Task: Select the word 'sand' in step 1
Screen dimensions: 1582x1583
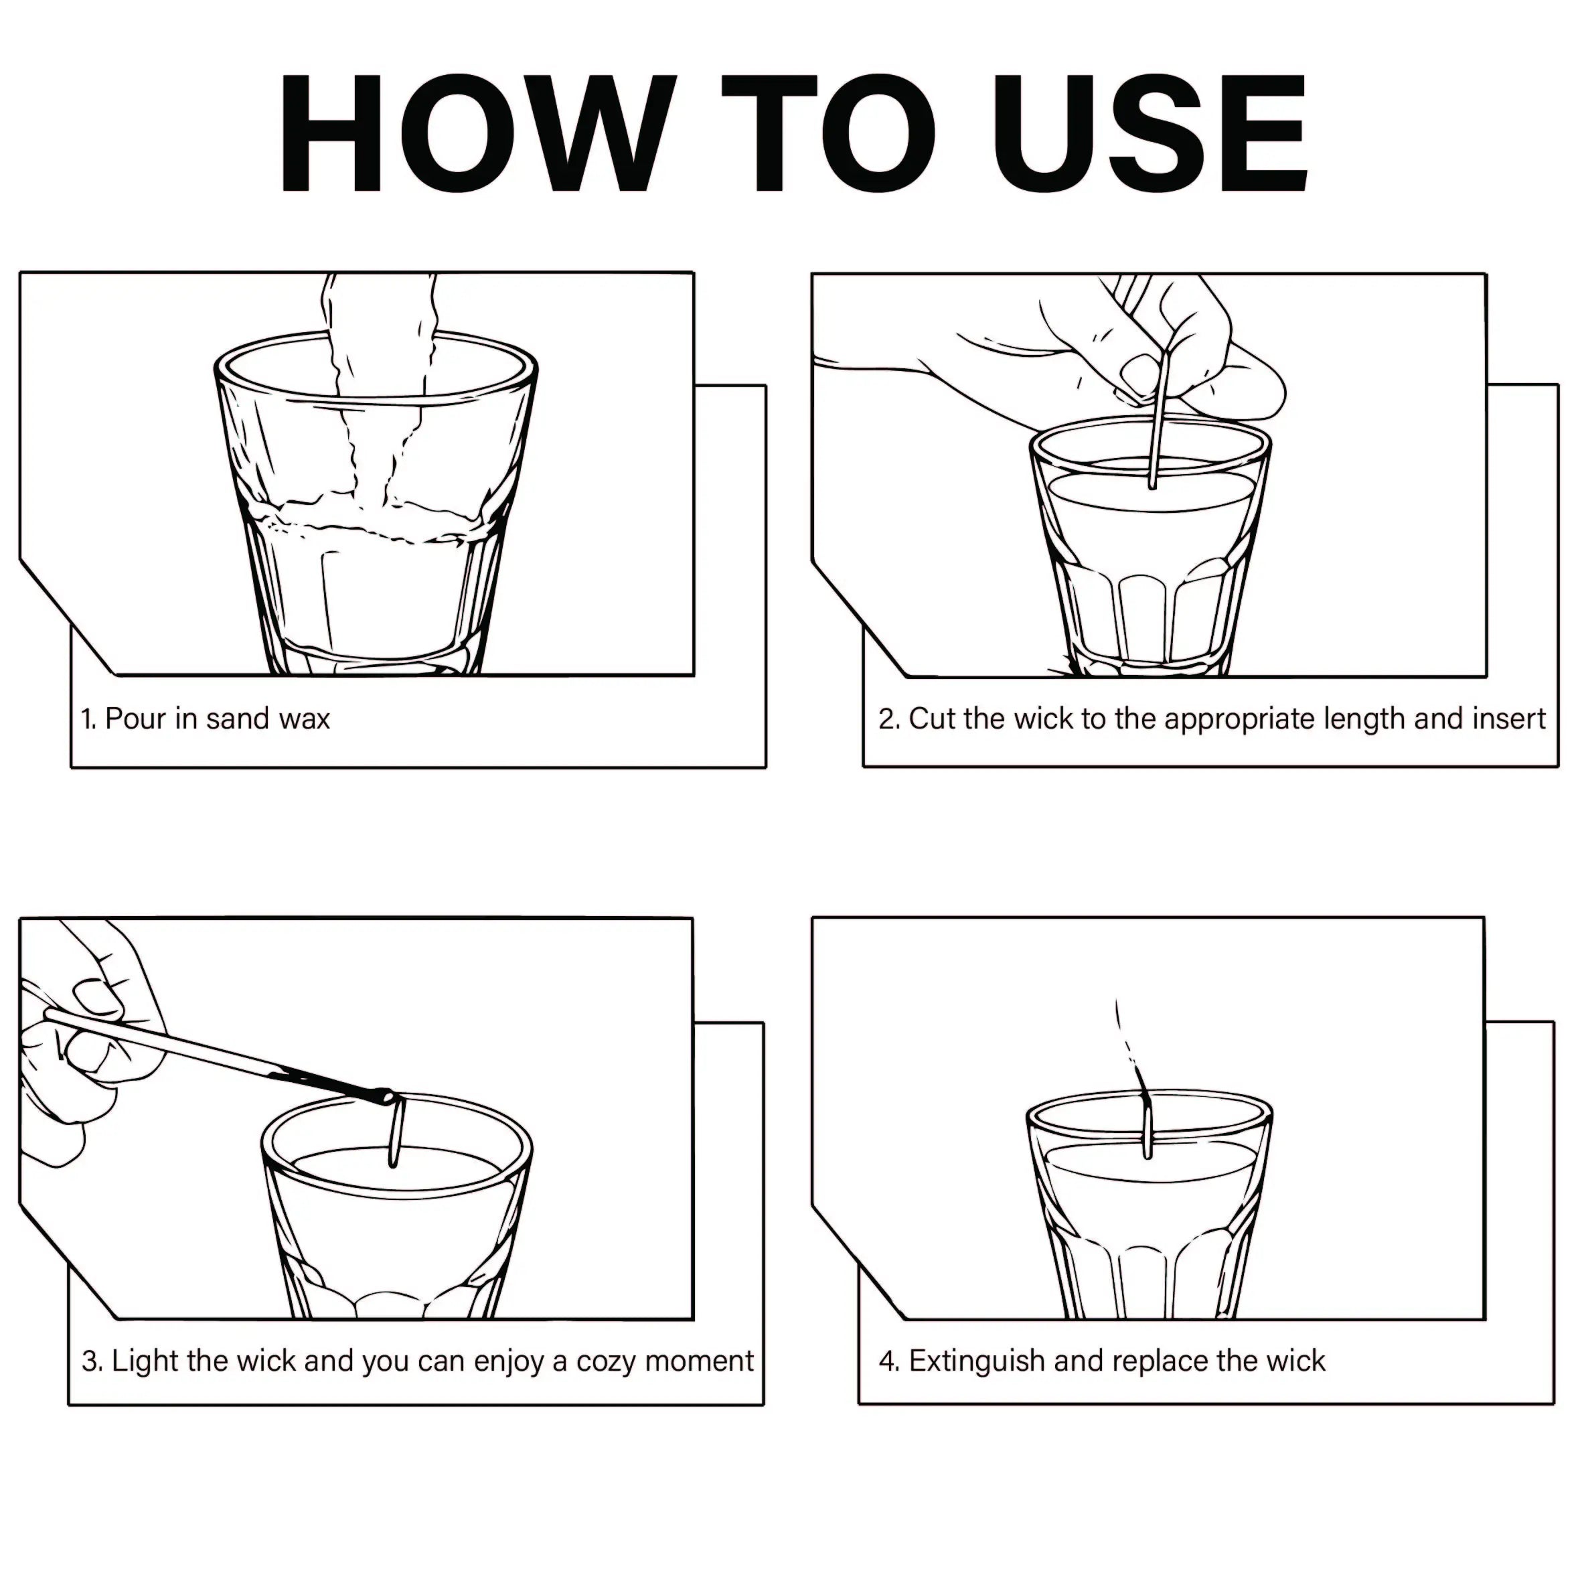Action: tap(238, 719)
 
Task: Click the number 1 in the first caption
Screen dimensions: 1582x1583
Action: tap(88, 719)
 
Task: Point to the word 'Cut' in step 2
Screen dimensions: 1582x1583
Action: tap(931, 719)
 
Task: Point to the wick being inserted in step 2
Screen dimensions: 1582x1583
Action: tap(1158, 419)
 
